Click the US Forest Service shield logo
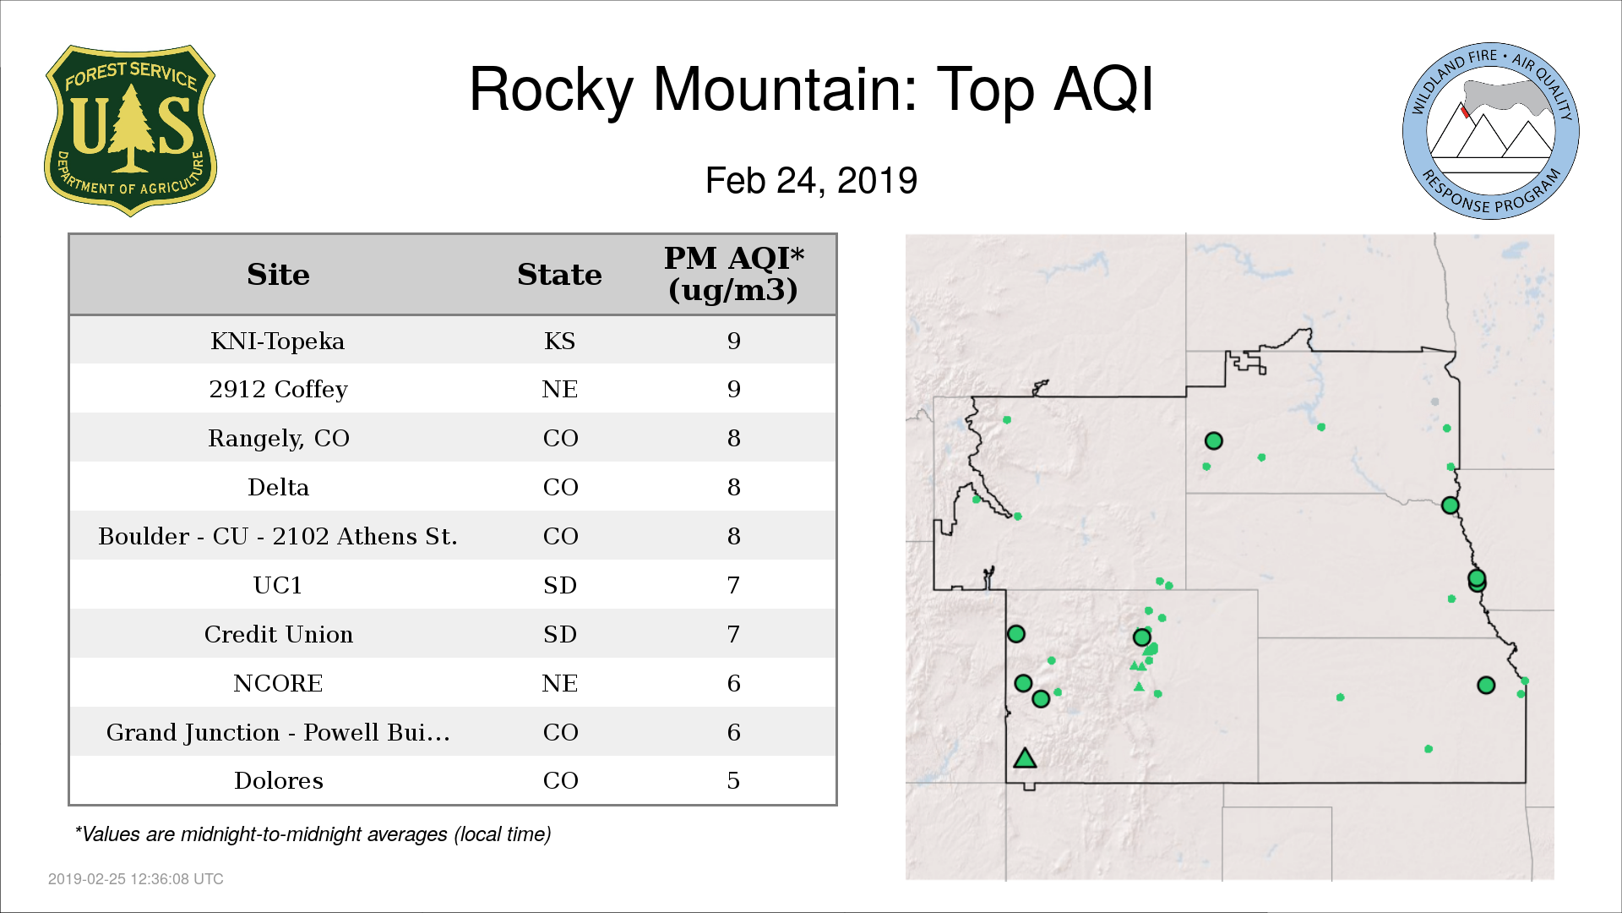[x=130, y=130]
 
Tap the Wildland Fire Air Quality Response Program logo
[x=1491, y=131]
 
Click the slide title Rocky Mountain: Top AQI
[x=811, y=89]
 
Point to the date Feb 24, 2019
[x=811, y=180]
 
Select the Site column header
[x=278, y=275]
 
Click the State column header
[x=559, y=275]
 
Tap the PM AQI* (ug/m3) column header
[x=733, y=274]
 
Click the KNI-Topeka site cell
[x=278, y=341]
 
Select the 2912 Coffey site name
[x=278, y=389]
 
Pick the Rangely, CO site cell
[x=278, y=438]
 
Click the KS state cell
[x=559, y=341]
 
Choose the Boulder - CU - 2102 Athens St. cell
[x=278, y=536]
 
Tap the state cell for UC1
[x=559, y=585]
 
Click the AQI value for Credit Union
[x=733, y=634]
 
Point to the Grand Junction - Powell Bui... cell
[x=278, y=732]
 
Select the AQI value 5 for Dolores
[x=733, y=780]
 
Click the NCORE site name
[x=278, y=683]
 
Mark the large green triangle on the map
[x=1025, y=758]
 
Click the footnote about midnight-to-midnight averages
[x=313, y=834]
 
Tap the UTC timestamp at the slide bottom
[x=136, y=879]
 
